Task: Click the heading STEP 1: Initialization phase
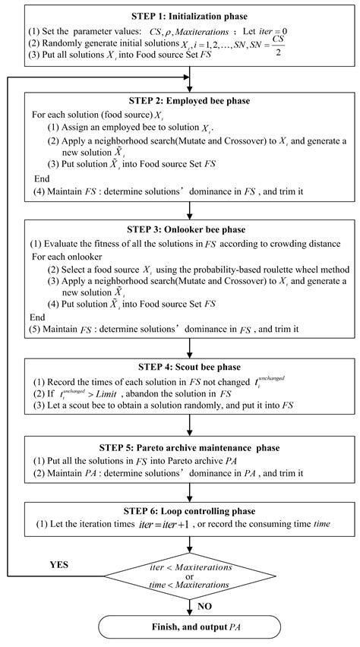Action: click(x=188, y=16)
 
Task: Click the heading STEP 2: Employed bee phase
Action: click(x=188, y=101)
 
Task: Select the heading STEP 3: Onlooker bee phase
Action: click(x=188, y=229)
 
